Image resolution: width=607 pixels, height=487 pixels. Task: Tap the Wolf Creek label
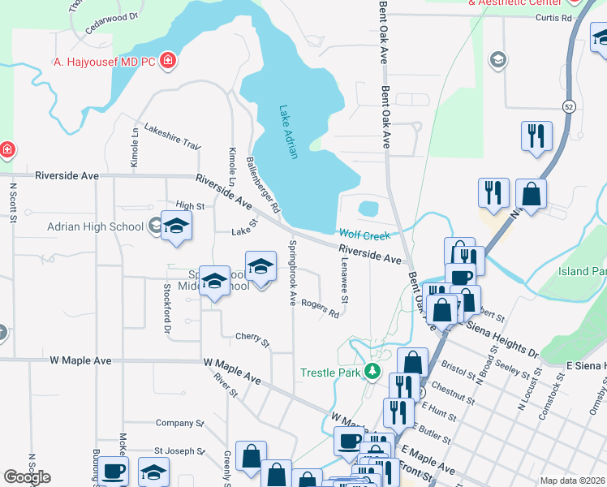(x=364, y=235)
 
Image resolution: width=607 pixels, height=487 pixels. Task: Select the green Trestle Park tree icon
(x=372, y=373)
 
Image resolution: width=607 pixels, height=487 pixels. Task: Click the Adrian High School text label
(x=95, y=226)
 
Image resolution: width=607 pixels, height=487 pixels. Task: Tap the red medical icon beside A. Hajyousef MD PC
(x=168, y=60)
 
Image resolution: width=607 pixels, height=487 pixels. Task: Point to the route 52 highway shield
(x=570, y=107)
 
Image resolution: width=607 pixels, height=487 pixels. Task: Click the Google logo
(x=27, y=477)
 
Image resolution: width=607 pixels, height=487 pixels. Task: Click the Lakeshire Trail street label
(x=172, y=136)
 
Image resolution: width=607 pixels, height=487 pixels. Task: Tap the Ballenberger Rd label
(x=262, y=184)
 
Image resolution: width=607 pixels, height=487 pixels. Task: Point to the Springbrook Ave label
(x=292, y=272)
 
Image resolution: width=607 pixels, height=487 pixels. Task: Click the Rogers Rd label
(x=320, y=308)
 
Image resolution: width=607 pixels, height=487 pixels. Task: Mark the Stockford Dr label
(x=166, y=308)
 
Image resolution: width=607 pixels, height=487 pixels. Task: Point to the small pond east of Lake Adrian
(x=368, y=209)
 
